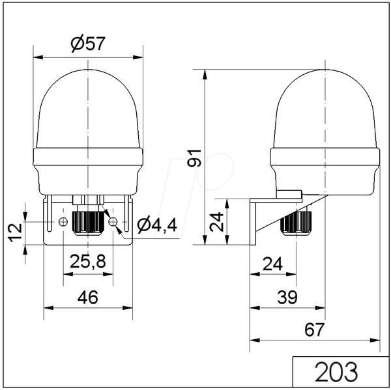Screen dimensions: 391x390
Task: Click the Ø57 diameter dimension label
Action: pyautogui.click(x=88, y=44)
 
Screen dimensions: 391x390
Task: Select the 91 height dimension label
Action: pyautogui.click(x=194, y=158)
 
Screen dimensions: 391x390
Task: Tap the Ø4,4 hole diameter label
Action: pyautogui.click(x=157, y=225)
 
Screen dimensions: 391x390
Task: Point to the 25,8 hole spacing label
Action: pyautogui.click(x=88, y=262)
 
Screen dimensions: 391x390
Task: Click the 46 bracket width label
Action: pyautogui.click(x=88, y=297)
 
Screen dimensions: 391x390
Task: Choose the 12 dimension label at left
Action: pyautogui.click(x=16, y=232)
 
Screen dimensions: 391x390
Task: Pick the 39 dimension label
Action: pyautogui.click(x=287, y=297)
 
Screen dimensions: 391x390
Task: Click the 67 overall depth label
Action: pyautogui.click(x=315, y=329)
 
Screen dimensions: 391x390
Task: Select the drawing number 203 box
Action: pyautogui.click(x=340, y=372)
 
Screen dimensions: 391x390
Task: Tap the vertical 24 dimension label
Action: pyautogui.click(x=216, y=222)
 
